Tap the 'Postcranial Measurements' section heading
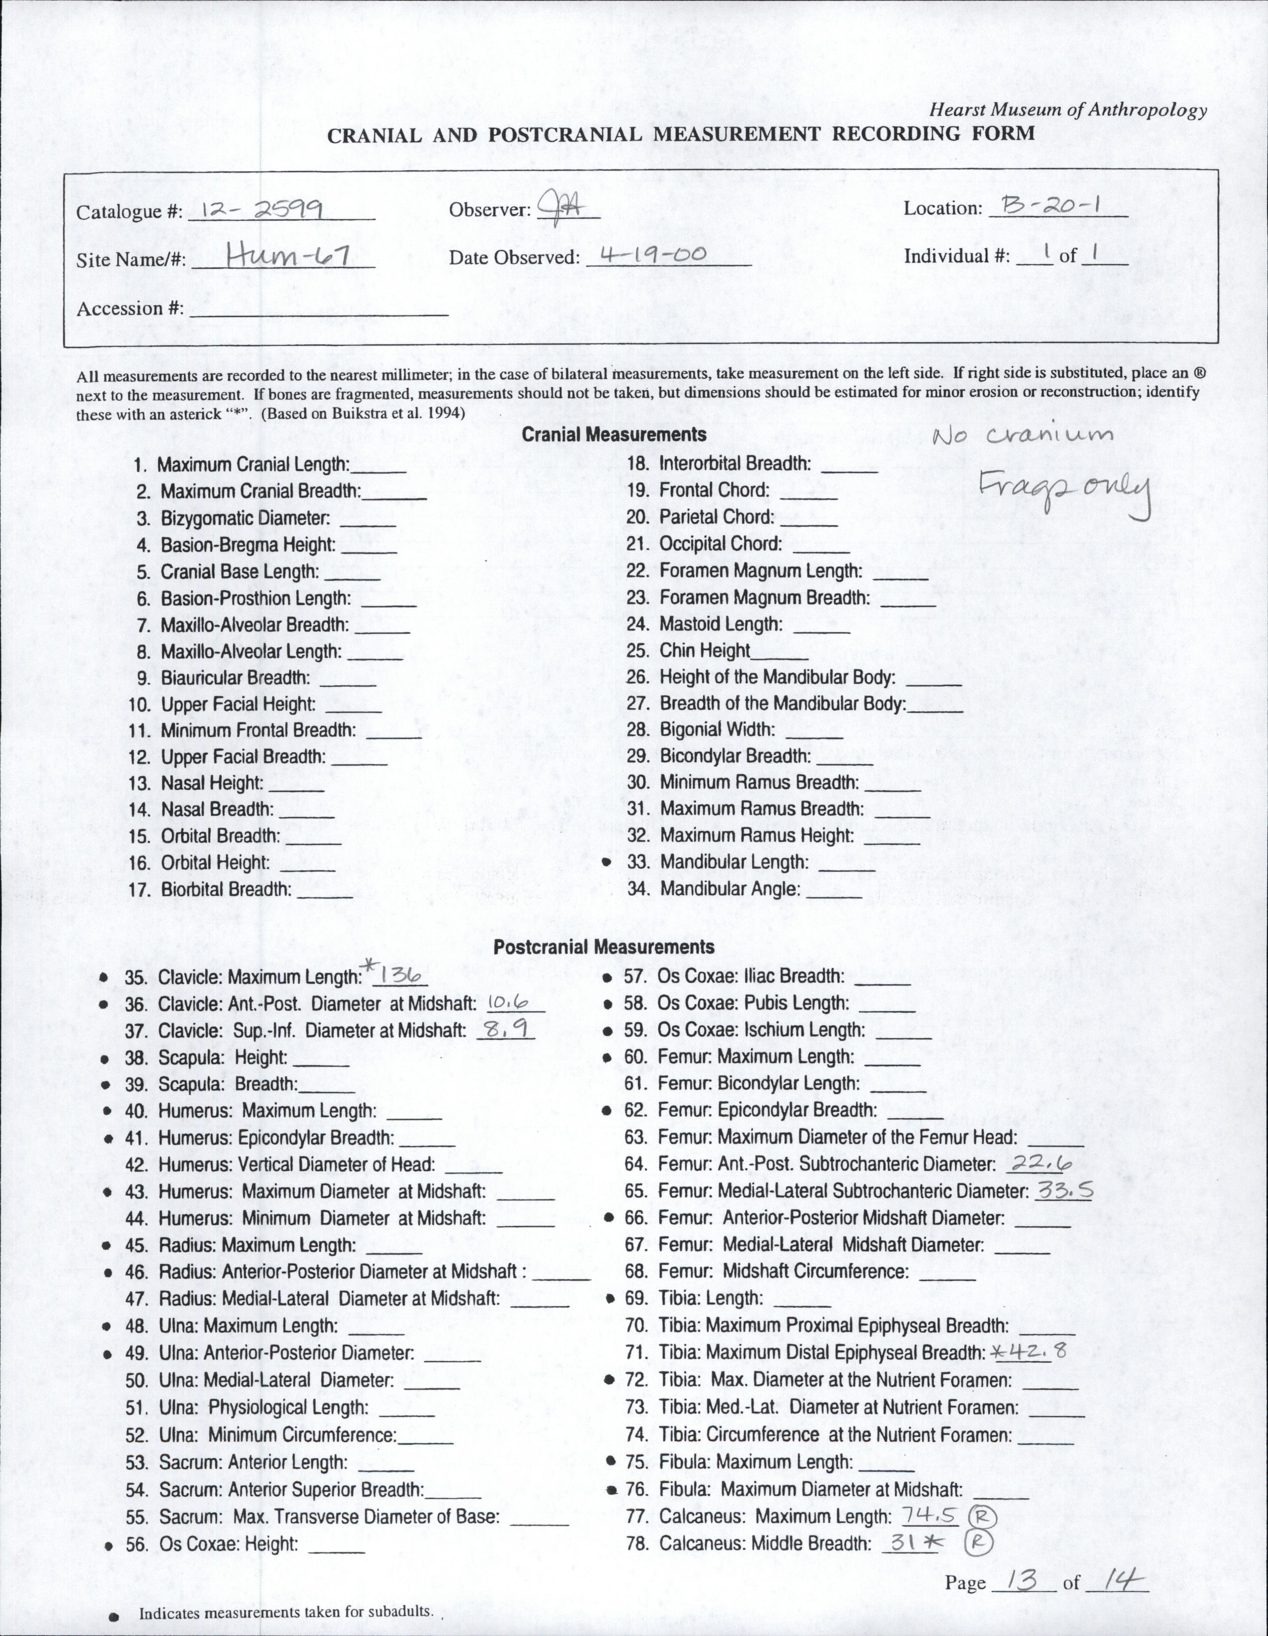604,947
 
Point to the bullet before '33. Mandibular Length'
610,862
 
